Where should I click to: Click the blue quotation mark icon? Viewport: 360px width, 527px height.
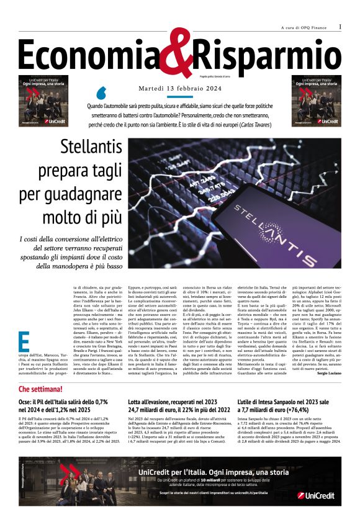point(101,93)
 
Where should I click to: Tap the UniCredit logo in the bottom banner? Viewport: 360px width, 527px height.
point(315,495)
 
